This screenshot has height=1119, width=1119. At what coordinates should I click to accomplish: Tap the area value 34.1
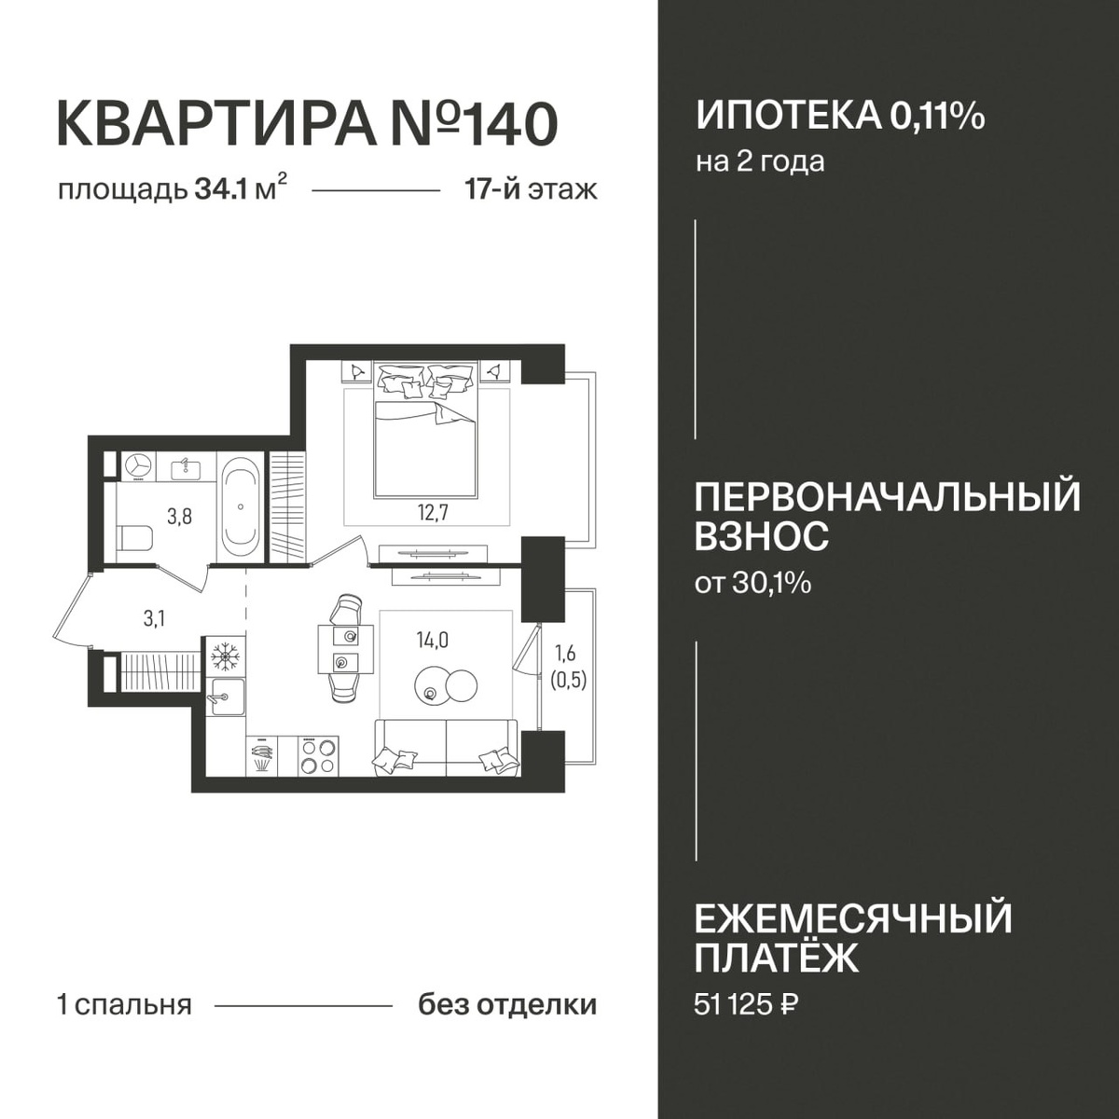[x=218, y=190]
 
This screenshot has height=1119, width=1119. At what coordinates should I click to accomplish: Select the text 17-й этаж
[x=531, y=190]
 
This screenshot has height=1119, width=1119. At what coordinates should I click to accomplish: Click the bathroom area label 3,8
[x=179, y=516]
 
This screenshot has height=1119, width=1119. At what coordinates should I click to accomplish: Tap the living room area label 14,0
[x=432, y=640]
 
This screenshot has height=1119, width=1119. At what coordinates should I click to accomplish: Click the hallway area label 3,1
[x=154, y=618]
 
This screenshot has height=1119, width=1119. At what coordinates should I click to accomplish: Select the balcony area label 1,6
[x=565, y=654]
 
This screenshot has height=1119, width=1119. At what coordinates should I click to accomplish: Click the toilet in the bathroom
[x=134, y=537]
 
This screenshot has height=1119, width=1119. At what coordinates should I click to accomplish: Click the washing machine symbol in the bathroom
[x=138, y=467]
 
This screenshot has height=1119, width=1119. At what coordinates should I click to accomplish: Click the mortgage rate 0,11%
[x=936, y=117]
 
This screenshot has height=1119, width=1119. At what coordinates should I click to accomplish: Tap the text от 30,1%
[x=753, y=583]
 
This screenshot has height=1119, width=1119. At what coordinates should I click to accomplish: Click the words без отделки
[x=507, y=1005]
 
